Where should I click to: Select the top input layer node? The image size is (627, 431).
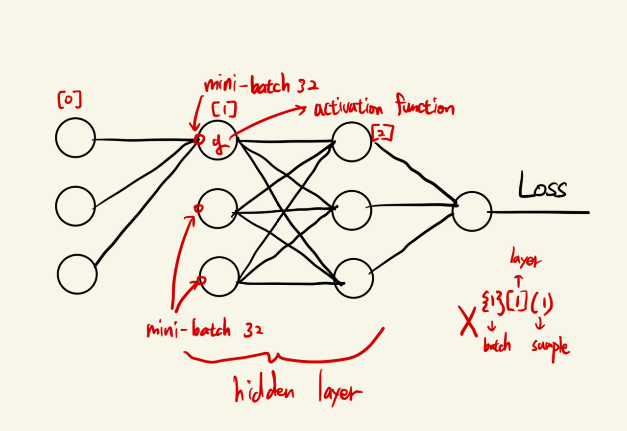click(x=75, y=137)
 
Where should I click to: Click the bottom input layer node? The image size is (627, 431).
click(x=77, y=273)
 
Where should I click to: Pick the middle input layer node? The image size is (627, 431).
click(x=75, y=205)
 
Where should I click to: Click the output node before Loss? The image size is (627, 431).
click(x=472, y=211)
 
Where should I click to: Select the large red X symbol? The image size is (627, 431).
click(x=469, y=322)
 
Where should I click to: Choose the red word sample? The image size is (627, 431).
click(x=550, y=347)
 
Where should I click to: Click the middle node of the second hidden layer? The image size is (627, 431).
click(x=352, y=209)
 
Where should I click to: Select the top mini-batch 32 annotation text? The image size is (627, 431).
click(x=261, y=86)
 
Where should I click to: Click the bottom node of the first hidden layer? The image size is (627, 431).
click(x=219, y=276)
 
